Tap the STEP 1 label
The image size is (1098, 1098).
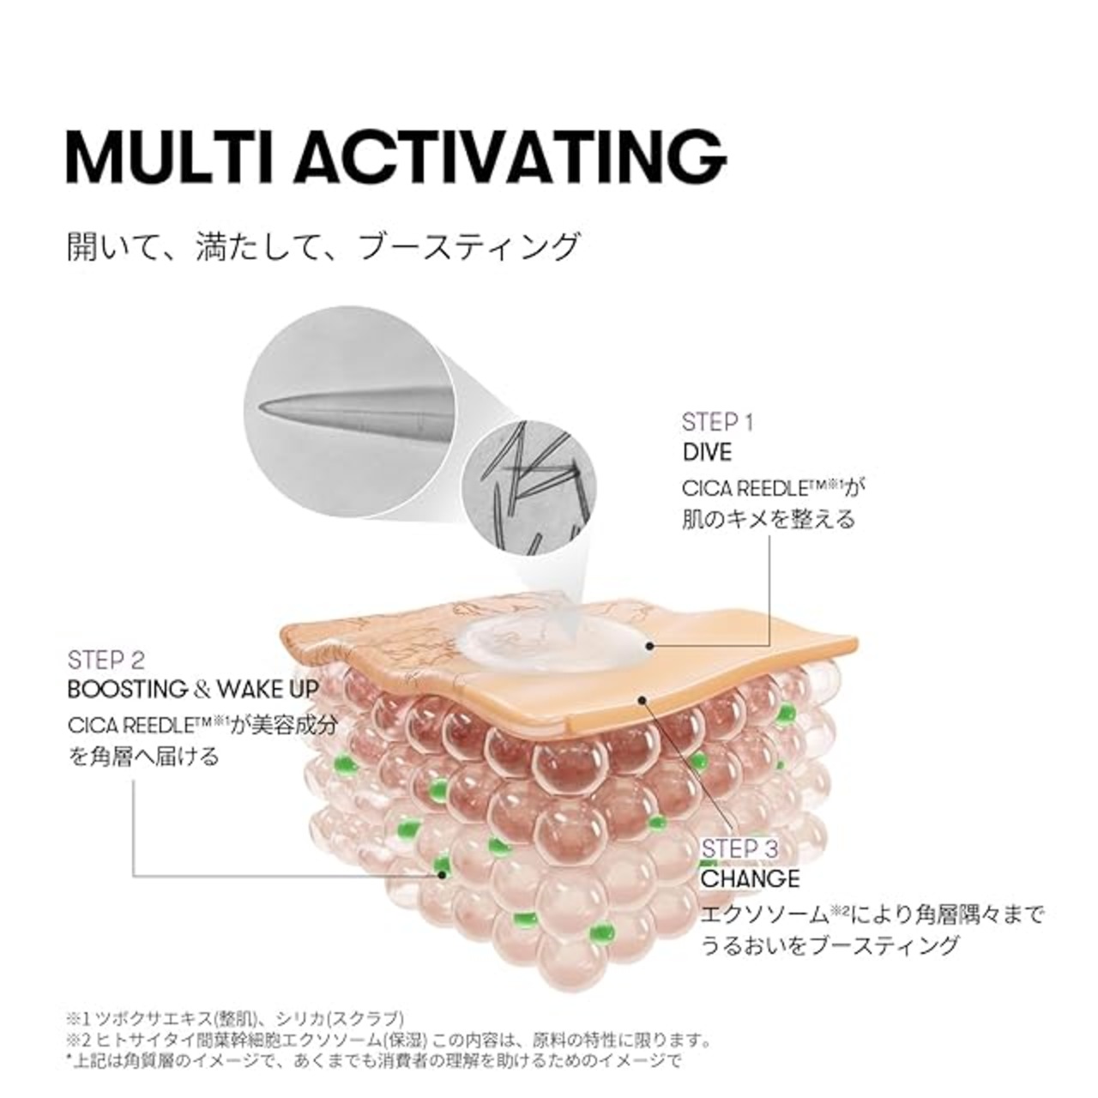tap(717, 423)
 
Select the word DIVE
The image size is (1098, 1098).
tap(707, 452)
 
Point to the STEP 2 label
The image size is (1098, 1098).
tap(106, 661)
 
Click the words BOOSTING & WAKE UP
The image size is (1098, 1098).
tap(193, 690)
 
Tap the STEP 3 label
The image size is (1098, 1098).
tap(739, 865)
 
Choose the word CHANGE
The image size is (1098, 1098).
tap(750, 895)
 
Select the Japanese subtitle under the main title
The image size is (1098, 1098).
tap(323, 247)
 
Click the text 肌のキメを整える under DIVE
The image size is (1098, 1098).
tap(769, 518)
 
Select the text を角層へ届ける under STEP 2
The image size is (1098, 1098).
tap(143, 757)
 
